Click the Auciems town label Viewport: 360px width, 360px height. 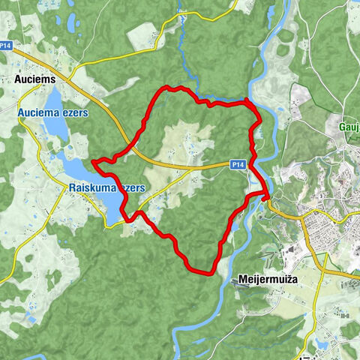35,77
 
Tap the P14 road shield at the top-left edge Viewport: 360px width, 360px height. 6,46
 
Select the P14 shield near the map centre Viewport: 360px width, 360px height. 237,163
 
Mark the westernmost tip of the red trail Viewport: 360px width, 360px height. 92,161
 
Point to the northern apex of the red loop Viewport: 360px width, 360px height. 169,88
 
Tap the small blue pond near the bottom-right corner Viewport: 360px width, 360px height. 322,344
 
